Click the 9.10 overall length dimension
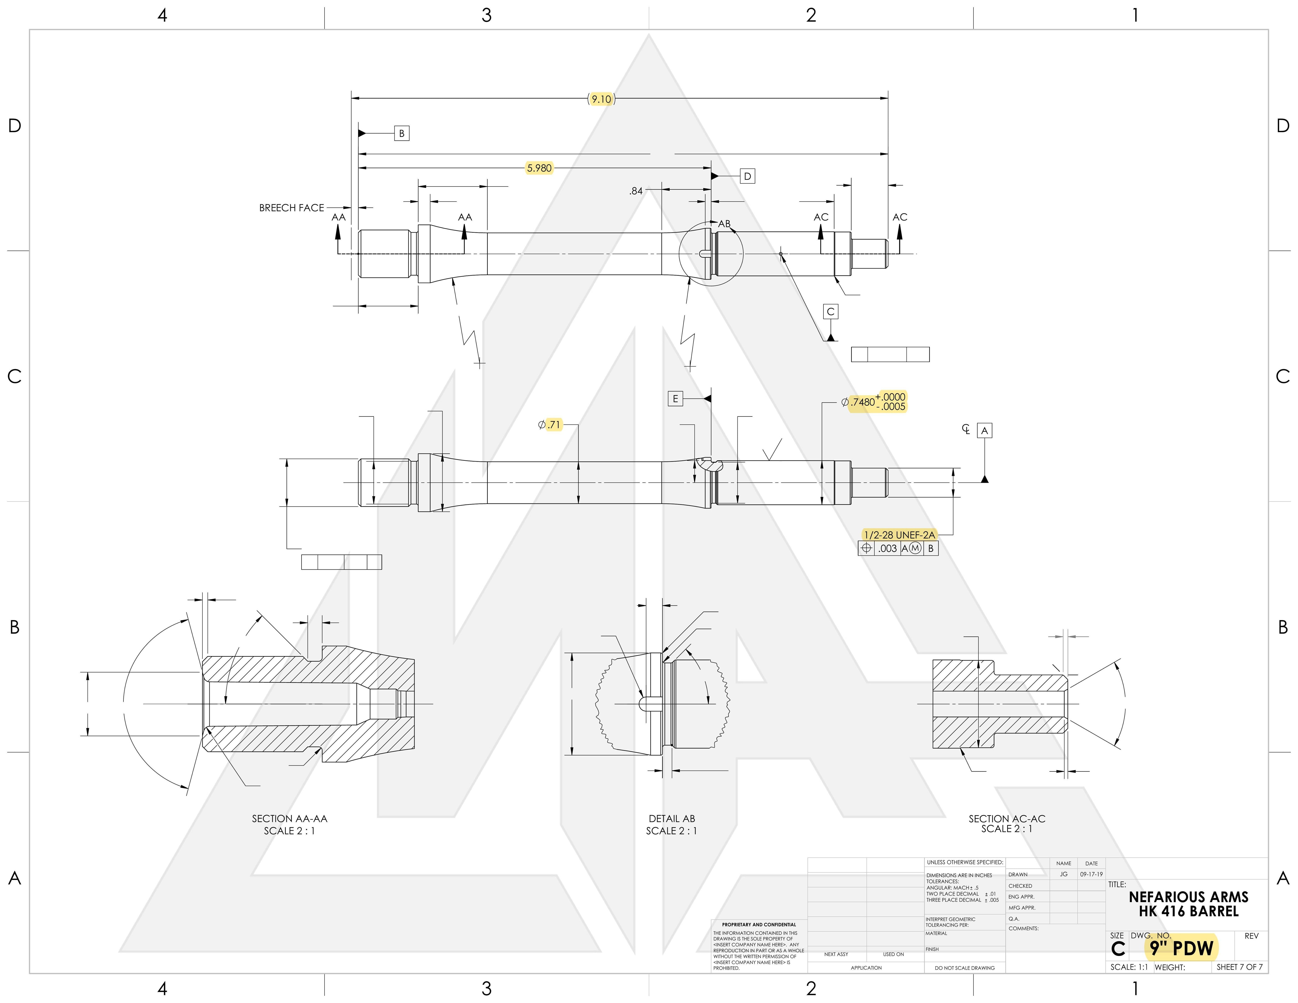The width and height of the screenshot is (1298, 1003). (x=601, y=99)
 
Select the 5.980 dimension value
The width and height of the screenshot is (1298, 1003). (x=539, y=168)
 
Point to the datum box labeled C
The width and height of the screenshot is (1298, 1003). (x=831, y=311)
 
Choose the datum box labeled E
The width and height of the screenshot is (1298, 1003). (x=675, y=399)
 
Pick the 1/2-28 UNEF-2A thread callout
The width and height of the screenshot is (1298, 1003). (x=899, y=535)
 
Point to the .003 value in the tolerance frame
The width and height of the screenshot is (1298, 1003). (x=887, y=548)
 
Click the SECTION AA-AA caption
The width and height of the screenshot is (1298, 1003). (x=289, y=819)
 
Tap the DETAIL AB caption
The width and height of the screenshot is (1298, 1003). (x=671, y=819)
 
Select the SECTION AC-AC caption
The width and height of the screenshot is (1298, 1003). (x=1007, y=819)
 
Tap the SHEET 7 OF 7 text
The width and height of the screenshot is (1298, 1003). (x=1239, y=967)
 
